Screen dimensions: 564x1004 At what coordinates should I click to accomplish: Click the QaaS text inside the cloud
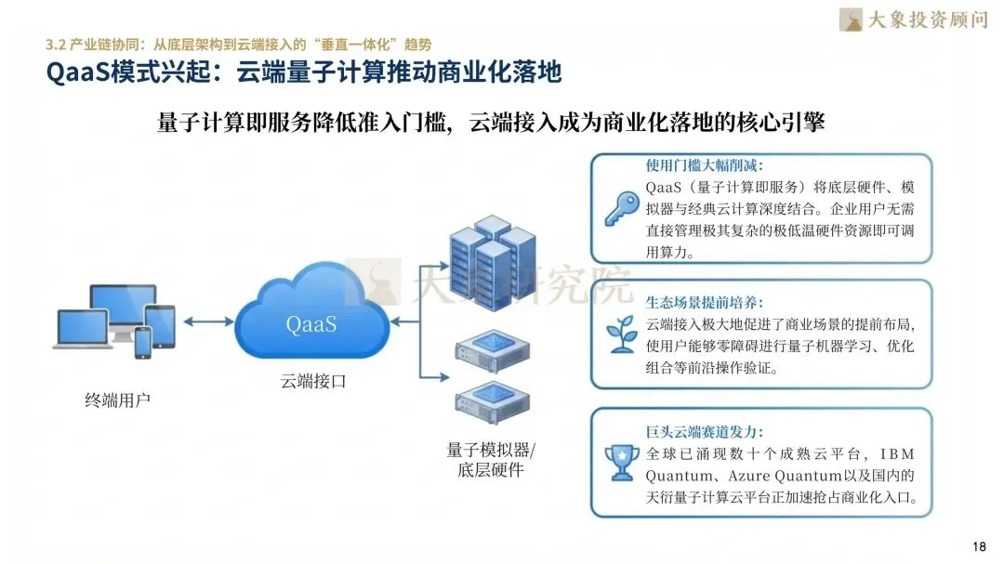point(311,324)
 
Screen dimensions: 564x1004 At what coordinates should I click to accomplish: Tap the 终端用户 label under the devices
point(117,400)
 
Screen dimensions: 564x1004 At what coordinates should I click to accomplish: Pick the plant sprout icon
point(620,334)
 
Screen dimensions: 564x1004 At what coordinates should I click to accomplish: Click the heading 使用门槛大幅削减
point(704,165)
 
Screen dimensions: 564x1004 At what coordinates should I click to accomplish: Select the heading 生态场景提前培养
point(704,302)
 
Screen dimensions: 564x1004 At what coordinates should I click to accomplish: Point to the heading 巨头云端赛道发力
point(704,431)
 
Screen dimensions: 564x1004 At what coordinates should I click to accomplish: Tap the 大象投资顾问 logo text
point(926,20)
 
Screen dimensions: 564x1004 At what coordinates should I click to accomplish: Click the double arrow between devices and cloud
point(207,321)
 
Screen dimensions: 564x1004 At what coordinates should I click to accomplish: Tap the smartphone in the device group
point(142,342)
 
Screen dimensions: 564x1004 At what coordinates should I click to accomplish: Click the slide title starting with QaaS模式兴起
point(303,72)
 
